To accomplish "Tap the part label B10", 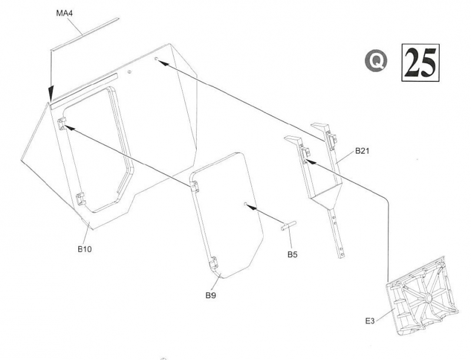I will [x=84, y=249].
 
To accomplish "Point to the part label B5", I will [x=293, y=255].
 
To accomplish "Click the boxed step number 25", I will [x=420, y=62].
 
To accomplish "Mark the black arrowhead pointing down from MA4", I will [x=51, y=94].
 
